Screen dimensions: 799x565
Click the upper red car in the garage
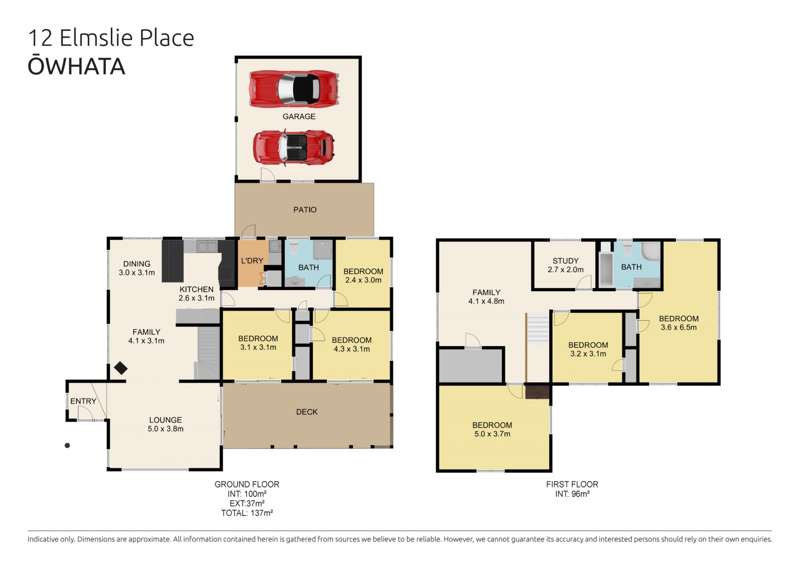294,89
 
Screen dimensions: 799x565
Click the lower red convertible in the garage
294,147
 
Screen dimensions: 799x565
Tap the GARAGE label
299,116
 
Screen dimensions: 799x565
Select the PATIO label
305,209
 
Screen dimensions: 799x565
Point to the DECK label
307,412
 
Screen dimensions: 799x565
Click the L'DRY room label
252,261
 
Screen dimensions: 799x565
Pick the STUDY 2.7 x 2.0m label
566,265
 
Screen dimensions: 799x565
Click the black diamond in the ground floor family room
121,368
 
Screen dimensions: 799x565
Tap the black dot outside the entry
67,446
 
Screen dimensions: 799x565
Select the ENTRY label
83,401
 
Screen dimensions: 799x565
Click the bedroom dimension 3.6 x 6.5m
679,327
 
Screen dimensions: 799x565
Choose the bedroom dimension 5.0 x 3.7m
492,434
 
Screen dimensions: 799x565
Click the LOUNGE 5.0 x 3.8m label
165,425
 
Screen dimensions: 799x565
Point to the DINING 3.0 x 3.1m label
137,268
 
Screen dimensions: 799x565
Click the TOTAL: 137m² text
247,513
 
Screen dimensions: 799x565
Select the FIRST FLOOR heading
572,485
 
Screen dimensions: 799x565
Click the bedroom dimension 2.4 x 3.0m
363,280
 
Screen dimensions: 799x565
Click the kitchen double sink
207,246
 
